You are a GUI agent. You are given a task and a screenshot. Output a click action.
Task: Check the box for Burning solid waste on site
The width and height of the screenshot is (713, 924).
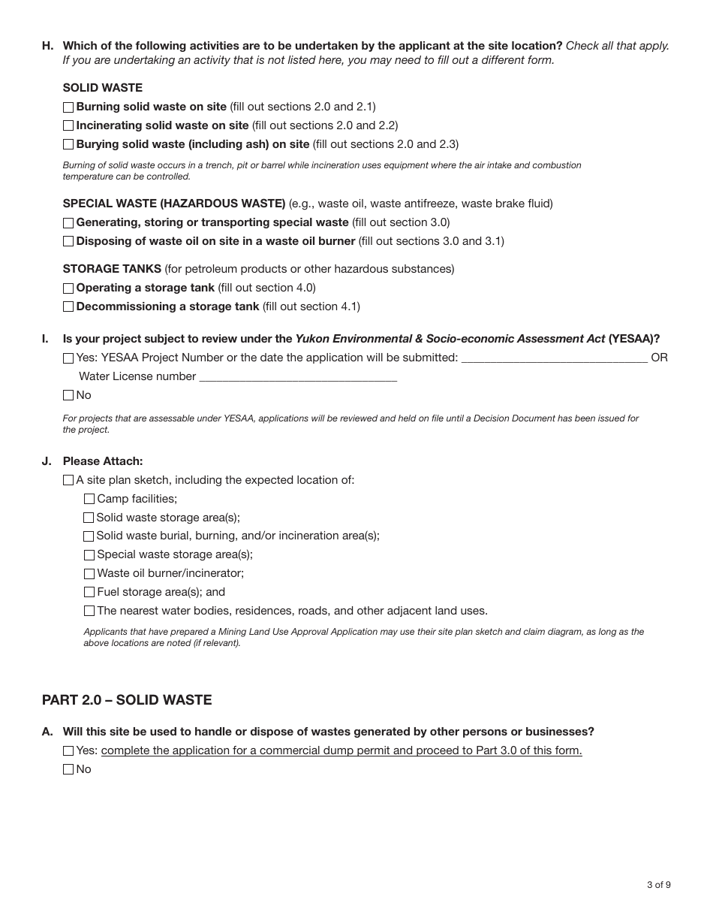pyautogui.click(x=68, y=107)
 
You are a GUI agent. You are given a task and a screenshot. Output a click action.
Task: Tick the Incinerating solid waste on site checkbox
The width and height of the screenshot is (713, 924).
pyautogui.click(x=68, y=126)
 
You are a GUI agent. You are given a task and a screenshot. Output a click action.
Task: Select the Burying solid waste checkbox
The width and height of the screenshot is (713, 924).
pyautogui.click(x=68, y=144)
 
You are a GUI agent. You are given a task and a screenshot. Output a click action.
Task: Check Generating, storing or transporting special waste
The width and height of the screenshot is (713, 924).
pyautogui.click(x=68, y=223)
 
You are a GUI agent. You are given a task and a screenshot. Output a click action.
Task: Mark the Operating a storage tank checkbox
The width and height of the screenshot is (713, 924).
pyautogui.click(x=68, y=288)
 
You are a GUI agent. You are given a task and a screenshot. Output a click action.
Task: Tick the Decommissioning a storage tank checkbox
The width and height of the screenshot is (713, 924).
pyautogui.click(x=68, y=306)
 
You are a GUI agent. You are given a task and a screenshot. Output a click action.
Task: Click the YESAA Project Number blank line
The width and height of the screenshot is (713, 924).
pyautogui.click(x=554, y=358)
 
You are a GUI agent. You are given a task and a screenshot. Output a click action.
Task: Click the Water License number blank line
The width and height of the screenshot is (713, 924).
pyautogui.click(x=298, y=377)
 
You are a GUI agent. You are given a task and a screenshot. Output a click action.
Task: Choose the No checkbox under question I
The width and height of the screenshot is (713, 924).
pyautogui.click(x=68, y=395)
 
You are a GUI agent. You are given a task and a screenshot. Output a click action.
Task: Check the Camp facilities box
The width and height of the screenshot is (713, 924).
pyautogui.click(x=89, y=499)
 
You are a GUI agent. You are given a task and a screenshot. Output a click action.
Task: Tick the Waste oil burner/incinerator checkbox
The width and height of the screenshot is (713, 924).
pyautogui.click(x=89, y=574)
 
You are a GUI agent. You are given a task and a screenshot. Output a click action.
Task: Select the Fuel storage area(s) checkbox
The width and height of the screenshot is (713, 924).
pyautogui.click(x=89, y=592)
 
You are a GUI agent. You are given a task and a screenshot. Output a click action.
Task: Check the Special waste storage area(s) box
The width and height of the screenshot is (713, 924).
pyautogui.click(x=89, y=555)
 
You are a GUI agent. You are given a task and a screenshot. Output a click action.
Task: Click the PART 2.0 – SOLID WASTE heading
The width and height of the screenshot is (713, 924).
pyautogui.click(x=127, y=700)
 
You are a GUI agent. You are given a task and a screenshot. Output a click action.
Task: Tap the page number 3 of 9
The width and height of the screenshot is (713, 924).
pyautogui.click(x=658, y=885)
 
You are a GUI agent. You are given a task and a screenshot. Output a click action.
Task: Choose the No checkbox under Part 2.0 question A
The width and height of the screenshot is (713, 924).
pyautogui.click(x=68, y=769)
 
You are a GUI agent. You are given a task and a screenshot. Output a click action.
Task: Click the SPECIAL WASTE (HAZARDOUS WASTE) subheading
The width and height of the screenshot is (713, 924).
pyautogui.click(x=174, y=204)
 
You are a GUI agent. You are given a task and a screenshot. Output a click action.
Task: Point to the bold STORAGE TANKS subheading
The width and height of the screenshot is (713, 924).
pyautogui.click(x=112, y=269)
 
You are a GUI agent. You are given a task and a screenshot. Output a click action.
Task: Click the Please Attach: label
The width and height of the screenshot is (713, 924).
pyautogui.click(x=103, y=461)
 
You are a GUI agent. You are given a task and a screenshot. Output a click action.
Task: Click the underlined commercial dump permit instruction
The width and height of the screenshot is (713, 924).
pyautogui.click(x=341, y=750)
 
